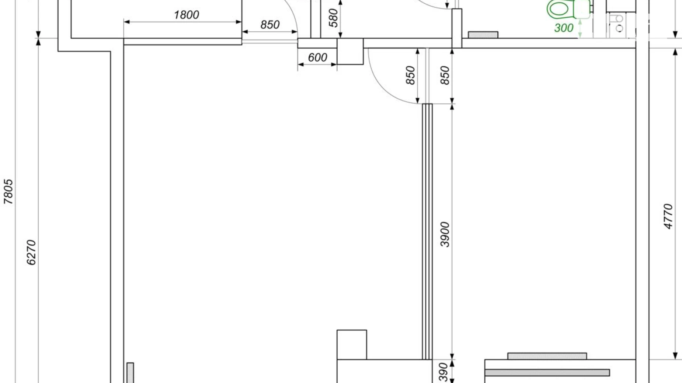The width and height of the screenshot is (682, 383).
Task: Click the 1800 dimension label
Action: click(x=186, y=15)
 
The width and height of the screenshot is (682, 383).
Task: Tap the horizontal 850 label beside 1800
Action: click(x=270, y=25)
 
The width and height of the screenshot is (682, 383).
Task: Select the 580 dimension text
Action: click(x=333, y=18)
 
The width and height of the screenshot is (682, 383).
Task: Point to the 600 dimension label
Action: click(x=317, y=57)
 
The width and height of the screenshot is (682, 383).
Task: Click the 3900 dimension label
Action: click(x=445, y=235)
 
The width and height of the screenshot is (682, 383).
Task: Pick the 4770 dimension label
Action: click(x=668, y=217)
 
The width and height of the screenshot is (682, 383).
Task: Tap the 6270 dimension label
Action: click(x=31, y=252)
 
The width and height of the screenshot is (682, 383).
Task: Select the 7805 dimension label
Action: click(x=8, y=191)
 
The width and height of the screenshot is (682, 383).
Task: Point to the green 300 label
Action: click(x=564, y=28)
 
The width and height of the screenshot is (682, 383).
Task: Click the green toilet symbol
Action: click(x=568, y=9)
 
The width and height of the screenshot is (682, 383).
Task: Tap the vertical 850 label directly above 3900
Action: click(x=445, y=75)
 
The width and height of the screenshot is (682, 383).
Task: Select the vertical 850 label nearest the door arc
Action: click(x=410, y=75)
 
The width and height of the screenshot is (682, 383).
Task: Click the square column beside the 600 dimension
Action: click(x=350, y=51)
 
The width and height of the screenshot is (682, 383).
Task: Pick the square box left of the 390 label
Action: click(x=352, y=345)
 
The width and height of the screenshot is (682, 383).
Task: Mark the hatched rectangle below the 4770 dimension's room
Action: click(x=547, y=356)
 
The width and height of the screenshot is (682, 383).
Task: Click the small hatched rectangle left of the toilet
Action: click(x=483, y=35)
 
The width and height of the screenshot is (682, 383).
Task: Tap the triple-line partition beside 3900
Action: click(x=427, y=232)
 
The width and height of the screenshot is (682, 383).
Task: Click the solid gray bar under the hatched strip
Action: click(x=547, y=373)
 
